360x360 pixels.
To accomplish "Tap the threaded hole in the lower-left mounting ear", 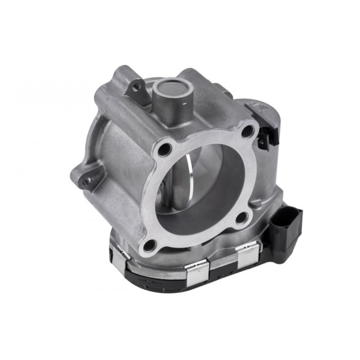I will [86, 180].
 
